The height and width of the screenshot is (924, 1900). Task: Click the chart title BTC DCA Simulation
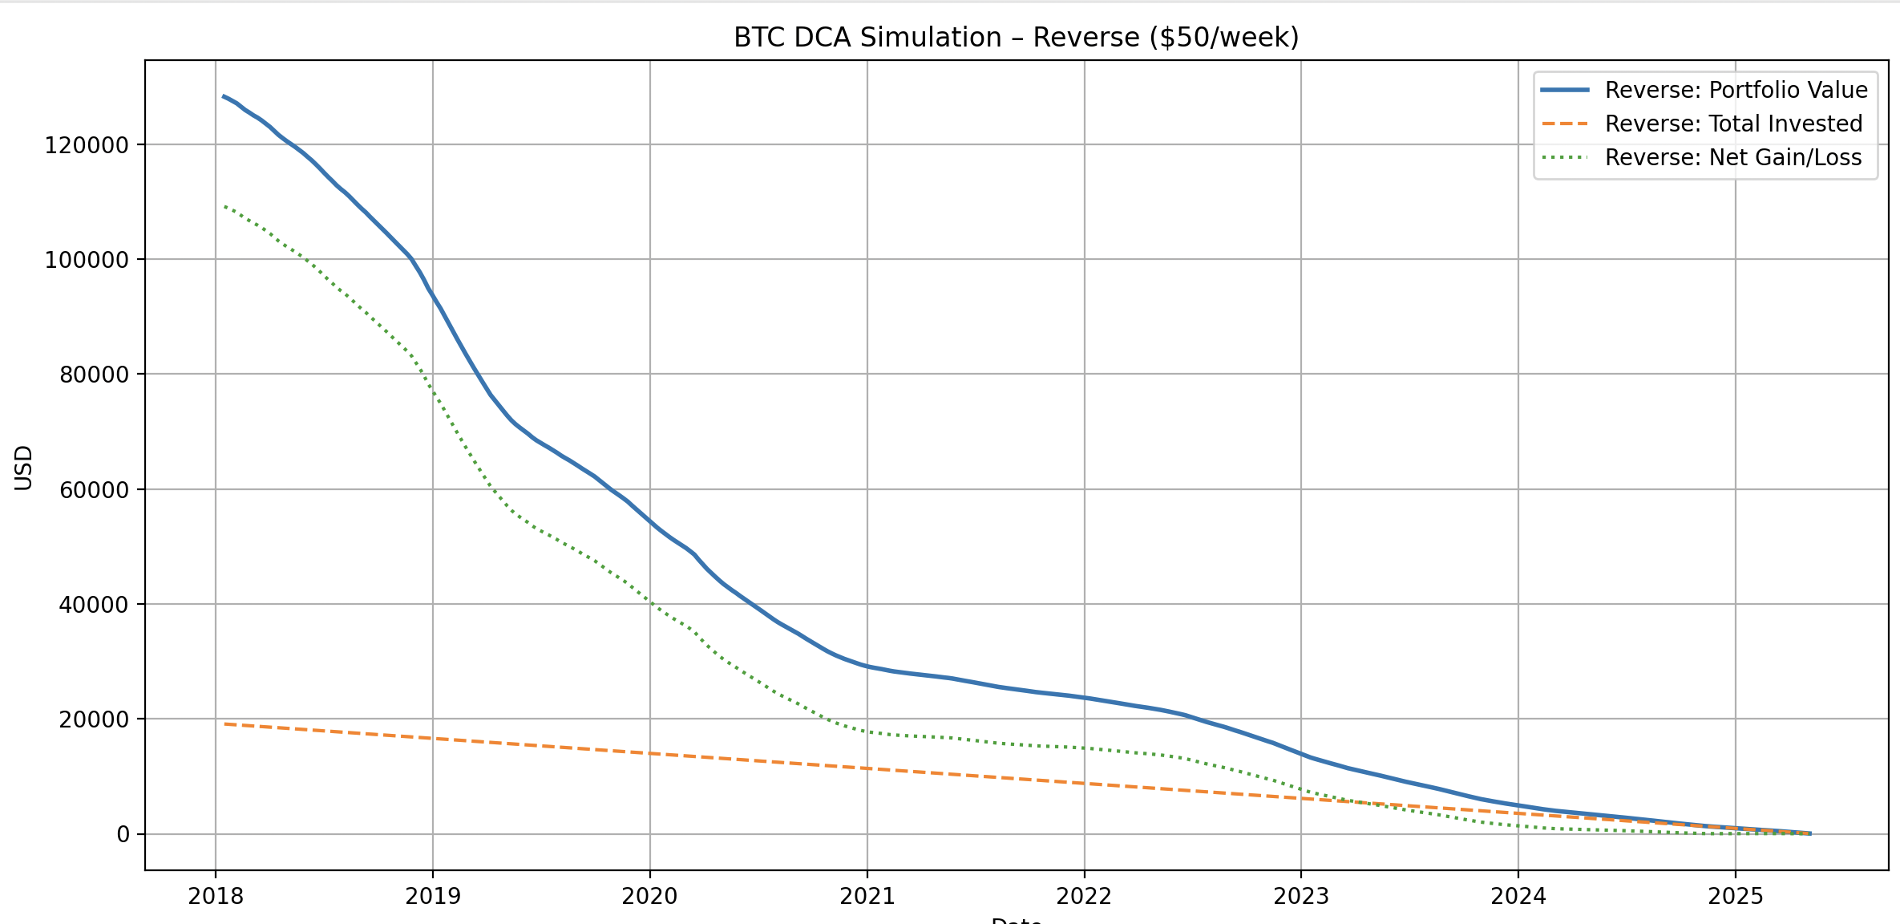pyautogui.click(x=1016, y=38)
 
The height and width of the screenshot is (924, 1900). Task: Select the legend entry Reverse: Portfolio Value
pyautogui.click(x=1736, y=90)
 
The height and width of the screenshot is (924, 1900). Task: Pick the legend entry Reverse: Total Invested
pyautogui.click(x=1733, y=124)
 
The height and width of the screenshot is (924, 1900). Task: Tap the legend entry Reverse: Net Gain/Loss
pyautogui.click(x=1732, y=157)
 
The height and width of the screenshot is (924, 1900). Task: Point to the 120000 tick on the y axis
pyautogui.click(x=87, y=145)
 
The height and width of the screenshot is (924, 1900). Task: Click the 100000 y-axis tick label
pyautogui.click(x=87, y=260)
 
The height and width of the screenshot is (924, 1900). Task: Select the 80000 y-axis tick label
pyautogui.click(x=94, y=375)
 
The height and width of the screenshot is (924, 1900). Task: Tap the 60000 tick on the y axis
pyautogui.click(x=94, y=490)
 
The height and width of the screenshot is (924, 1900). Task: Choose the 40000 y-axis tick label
pyautogui.click(x=94, y=605)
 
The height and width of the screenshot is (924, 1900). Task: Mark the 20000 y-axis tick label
pyautogui.click(x=94, y=719)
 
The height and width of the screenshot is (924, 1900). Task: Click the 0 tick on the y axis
pyautogui.click(x=123, y=835)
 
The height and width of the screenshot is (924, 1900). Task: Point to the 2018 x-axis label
pyautogui.click(x=216, y=896)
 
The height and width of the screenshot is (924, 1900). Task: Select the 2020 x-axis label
pyautogui.click(x=649, y=896)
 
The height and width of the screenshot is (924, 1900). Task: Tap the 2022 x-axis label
pyautogui.click(x=1084, y=896)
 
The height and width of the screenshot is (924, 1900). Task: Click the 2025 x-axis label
pyautogui.click(x=1736, y=896)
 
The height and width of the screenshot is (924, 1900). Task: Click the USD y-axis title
pyautogui.click(x=24, y=467)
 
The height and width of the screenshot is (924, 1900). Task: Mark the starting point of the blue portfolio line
pyautogui.click(x=224, y=95)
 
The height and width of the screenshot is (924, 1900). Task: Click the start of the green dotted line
pyautogui.click(x=224, y=206)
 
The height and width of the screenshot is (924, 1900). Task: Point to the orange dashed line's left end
pyautogui.click(x=224, y=723)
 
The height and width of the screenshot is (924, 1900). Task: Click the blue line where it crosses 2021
pyautogui.click(x=867, y=666)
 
